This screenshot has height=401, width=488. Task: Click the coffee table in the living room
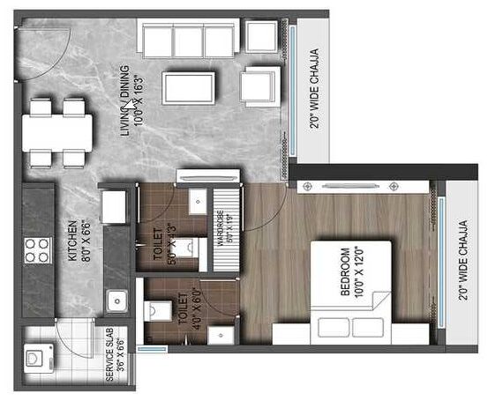[x=190, y=87]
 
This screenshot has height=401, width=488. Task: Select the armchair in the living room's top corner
[x=260, y=36]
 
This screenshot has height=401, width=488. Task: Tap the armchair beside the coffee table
[x=258, y=87]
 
